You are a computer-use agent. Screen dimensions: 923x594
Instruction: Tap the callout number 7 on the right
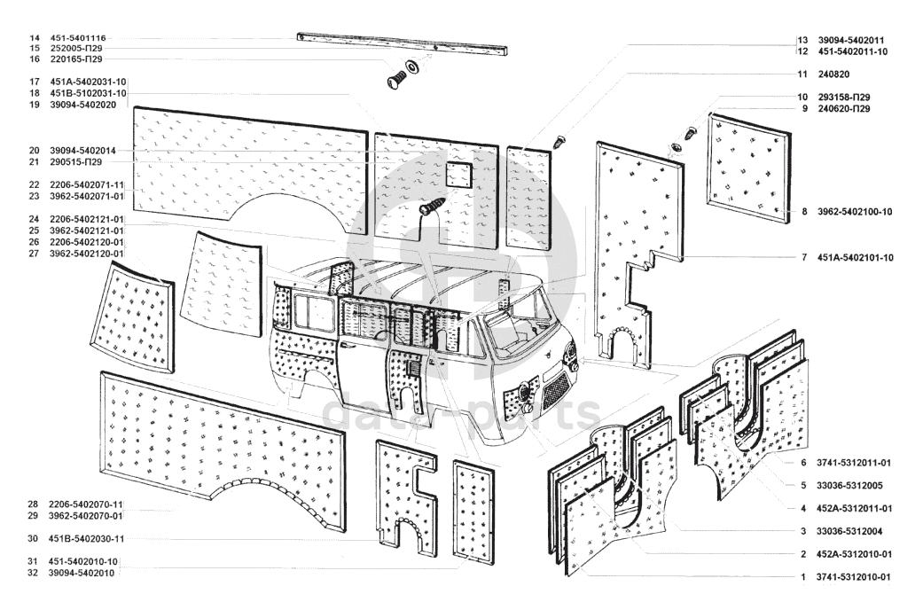[803, 258]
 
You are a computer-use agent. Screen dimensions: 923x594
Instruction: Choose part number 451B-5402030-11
[87, 538]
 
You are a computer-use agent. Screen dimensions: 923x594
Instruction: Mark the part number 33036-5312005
[849, 486]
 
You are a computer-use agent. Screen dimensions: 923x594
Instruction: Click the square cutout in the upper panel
[458, 176]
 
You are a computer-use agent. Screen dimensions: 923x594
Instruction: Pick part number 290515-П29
[76, 162]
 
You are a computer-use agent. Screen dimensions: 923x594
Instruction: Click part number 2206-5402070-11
[86, 504]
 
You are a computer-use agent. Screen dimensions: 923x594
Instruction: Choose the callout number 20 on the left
[32, 151]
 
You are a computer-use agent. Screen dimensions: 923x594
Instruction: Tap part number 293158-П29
[843, 97]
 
